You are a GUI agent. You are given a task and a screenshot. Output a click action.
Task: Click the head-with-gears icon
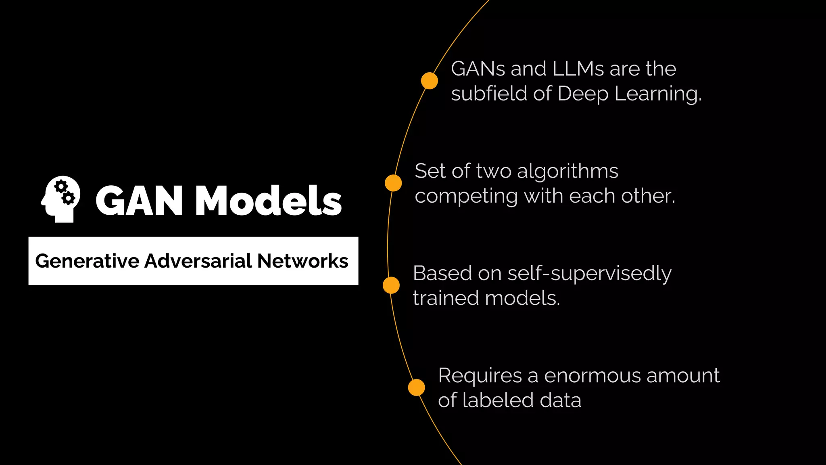click(61, 199)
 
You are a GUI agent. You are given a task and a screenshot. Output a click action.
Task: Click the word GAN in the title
click(139, 201)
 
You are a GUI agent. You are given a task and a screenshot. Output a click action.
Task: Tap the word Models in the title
click(268, 201)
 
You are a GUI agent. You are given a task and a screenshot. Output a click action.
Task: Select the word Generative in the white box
click(87, 261)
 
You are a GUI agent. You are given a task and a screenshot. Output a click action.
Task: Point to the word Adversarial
click(198, 261)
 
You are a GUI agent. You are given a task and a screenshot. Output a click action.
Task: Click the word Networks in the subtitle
click(302, 261)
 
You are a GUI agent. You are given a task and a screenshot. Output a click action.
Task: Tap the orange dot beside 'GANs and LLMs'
click(430, 81)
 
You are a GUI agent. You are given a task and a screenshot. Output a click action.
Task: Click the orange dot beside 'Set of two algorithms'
click(393, 183)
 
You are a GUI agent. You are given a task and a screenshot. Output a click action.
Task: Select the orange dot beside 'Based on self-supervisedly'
click(391, 285)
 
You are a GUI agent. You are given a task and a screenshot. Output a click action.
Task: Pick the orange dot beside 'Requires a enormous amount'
click(417, 387)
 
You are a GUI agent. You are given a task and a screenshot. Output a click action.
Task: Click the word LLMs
click(578, 69)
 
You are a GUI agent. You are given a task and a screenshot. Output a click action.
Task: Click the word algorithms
click(567, 172)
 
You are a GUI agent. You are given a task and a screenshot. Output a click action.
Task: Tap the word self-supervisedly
click(589, 274)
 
